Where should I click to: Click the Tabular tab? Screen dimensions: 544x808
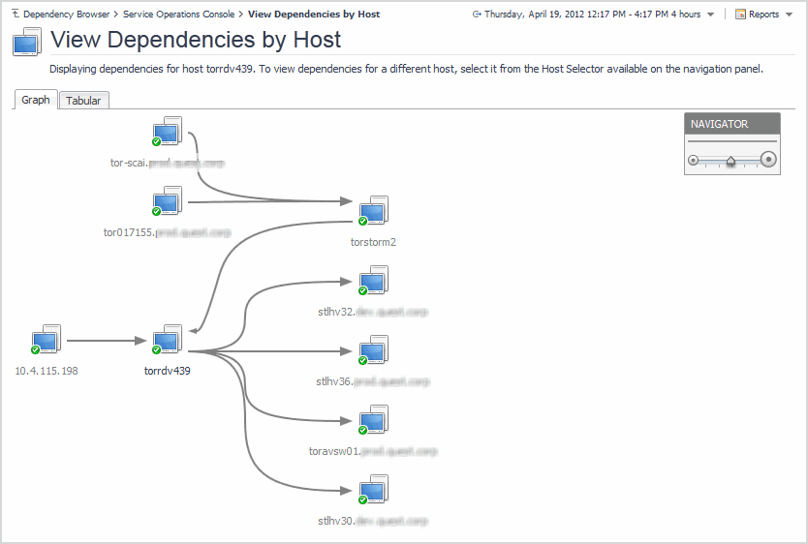[83, 101]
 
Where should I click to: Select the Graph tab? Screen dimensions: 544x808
[36, 100]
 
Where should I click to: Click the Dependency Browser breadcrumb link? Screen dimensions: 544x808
[66, 15]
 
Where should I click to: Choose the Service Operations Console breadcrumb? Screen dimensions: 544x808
[178, 15]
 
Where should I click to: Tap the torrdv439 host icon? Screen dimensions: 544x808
[168, 340]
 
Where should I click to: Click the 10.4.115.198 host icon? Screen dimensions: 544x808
[46, 340]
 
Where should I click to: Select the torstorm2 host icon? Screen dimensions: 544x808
[373, 211]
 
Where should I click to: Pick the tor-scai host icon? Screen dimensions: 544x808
[168, 133]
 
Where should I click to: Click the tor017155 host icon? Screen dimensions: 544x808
[168, 202]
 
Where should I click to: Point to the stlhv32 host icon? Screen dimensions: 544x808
[373, 282]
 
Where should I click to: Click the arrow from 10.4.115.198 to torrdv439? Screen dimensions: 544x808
[107, 341]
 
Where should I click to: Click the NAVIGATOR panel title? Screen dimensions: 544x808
[720, 124]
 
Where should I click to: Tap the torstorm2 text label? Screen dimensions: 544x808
[373, 242]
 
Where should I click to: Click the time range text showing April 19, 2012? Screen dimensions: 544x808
[592, 15]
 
